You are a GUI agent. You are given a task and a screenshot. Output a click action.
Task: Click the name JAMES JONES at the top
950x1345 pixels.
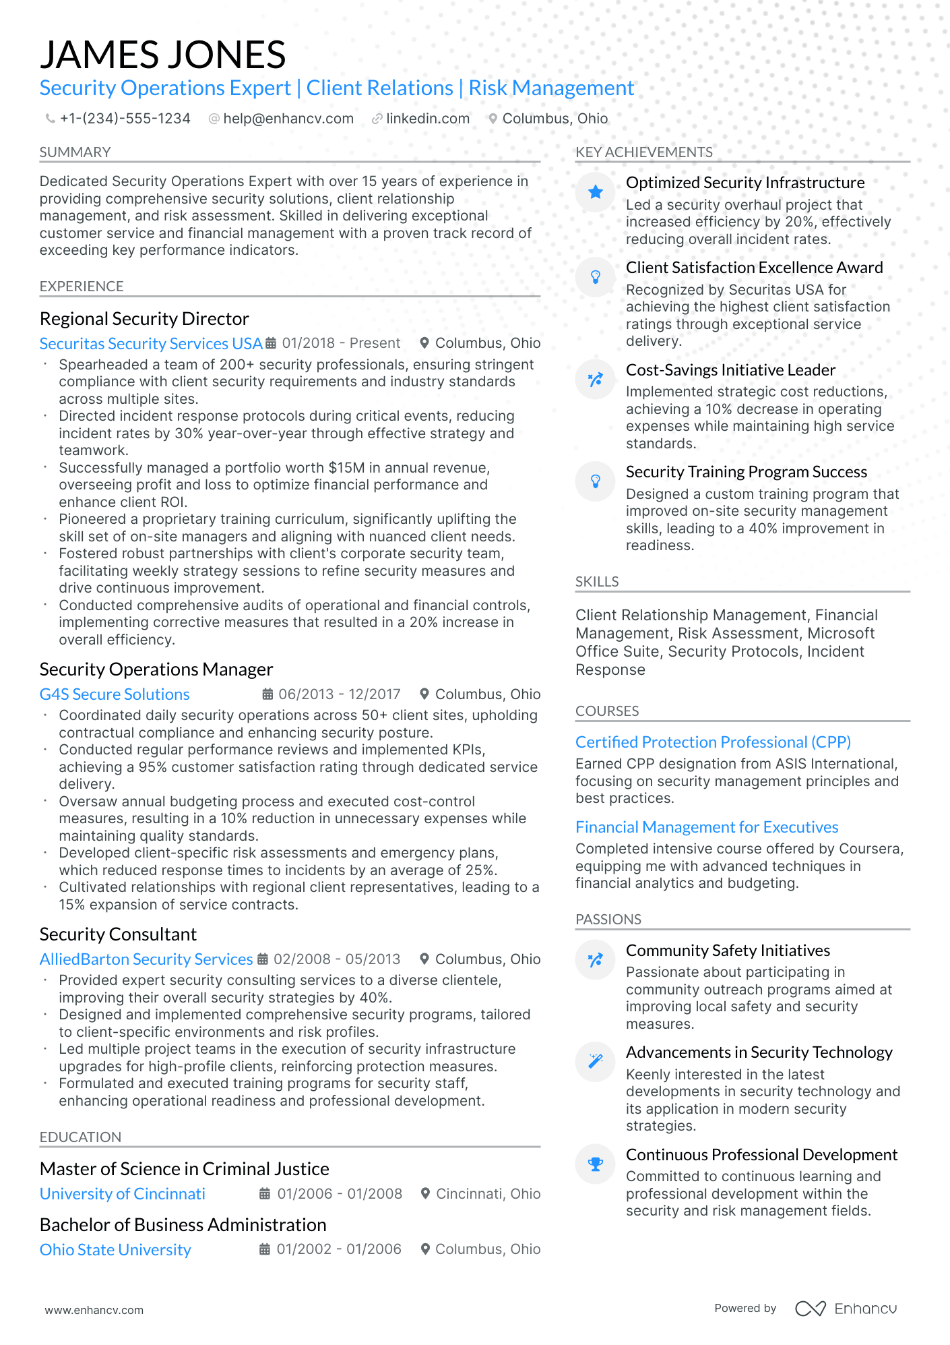(x=162, y=55)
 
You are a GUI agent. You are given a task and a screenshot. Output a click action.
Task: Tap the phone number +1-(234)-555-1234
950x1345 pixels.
(x=125, y=119)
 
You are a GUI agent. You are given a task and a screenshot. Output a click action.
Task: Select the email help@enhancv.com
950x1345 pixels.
(x=288, y=119)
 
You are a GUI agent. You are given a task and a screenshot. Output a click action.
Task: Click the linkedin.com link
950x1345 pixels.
(x=427, y=119)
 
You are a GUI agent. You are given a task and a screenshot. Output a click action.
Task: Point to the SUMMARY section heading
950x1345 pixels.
(x=75, y=152)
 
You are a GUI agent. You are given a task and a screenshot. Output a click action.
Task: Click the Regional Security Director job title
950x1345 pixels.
(x=144, y=318)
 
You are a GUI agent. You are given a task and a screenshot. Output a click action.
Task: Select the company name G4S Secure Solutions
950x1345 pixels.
(x=115, y=694)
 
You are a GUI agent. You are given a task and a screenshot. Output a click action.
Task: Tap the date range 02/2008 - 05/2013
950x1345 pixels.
(x=336, y=959)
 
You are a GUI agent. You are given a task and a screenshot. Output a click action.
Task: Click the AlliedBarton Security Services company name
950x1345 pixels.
(x=146, y=959)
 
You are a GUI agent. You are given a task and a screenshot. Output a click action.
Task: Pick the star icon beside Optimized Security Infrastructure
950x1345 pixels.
(x=596, y=193)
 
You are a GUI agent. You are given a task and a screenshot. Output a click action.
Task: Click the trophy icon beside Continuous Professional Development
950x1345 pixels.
(x=596, y=1164)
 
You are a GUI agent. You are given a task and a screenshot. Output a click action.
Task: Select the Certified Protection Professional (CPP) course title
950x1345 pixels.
(x=713, y=742)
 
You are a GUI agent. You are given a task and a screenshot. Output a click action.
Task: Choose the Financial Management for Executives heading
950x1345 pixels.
(x=707, y=827)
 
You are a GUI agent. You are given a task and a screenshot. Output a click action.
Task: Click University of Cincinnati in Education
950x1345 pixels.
(x=122, y=1194)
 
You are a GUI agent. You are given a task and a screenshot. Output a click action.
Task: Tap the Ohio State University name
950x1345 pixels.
(x=115, y=1250)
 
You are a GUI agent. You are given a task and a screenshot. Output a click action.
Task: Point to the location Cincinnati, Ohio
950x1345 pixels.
(x=488, y=1194)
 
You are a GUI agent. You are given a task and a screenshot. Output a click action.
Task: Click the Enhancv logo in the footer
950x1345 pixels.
(x=846, y=1309)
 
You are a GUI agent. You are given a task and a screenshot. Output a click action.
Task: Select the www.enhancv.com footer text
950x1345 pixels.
(x=94, y=1310)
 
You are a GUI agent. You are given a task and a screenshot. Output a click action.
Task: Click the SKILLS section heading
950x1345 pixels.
(x=597, y=582)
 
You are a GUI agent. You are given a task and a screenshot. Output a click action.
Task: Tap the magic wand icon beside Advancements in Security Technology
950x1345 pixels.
(x=596, y=1062)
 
